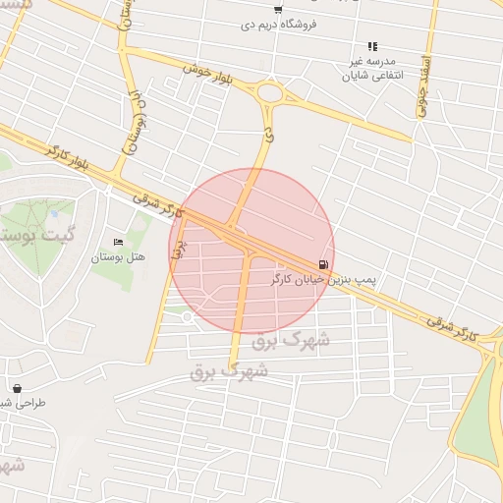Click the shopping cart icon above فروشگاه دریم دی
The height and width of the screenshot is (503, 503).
click(x=278, y=10)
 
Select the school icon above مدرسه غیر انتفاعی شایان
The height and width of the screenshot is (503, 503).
click(x=372, y=46)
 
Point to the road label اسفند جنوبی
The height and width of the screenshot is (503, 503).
click(x=424, y=87)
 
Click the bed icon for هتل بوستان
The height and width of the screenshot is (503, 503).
click(x=119, y=243)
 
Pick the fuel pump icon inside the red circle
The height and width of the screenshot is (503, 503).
click(x=323, y=265)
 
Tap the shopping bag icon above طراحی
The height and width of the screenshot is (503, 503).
click(x=18, y=388)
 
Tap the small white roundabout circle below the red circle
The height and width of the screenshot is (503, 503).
click(x=187, y=316)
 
